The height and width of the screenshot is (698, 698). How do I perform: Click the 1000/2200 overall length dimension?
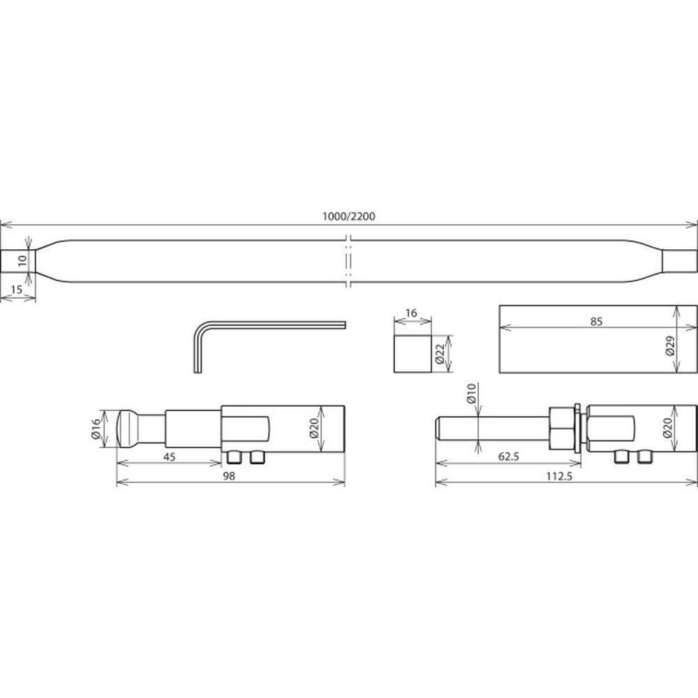[x=348, y=217]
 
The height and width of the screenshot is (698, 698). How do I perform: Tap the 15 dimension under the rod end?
[x=16, y=290]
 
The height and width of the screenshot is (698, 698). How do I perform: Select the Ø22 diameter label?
[x=439, y=354]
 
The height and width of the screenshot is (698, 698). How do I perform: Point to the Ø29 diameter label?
[x=670, y=346]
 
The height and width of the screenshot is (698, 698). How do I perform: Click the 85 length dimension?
[x=596, y=321]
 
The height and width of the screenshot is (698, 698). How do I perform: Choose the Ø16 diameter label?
[x=96, y=429]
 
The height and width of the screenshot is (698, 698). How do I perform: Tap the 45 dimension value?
[x=170, y=457]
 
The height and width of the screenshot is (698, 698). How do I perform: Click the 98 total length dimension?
[x=229, y=476]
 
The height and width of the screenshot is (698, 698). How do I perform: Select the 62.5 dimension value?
[x=509, y=456]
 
